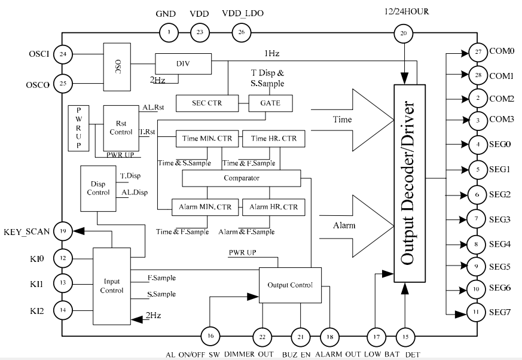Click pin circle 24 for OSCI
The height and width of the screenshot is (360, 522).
tap(62, 55)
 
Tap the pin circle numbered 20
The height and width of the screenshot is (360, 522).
tap(404, 35)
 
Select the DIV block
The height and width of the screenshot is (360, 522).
tap(184, 63)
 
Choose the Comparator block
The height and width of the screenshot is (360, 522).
tap(241, 178)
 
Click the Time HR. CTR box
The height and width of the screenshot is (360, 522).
tap(273, 139)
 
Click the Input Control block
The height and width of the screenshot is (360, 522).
tap(112, 285)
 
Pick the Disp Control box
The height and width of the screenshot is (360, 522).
tap(99, 188)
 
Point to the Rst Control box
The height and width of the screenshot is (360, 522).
tap(121, 128)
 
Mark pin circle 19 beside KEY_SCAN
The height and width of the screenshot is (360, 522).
tap(62, 230)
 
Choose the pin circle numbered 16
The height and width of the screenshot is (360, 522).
tap(210, 336)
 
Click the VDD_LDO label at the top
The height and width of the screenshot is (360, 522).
tap(242, 14)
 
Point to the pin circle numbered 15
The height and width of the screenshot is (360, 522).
tap(405, 336)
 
